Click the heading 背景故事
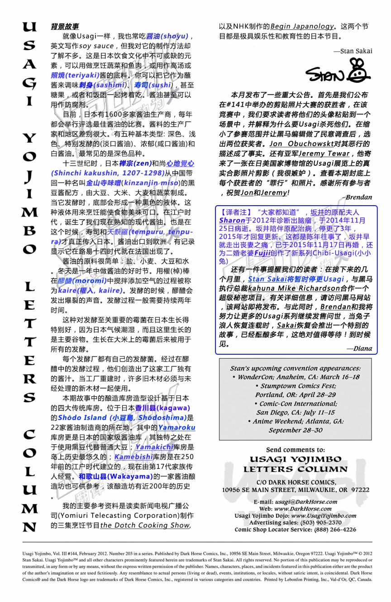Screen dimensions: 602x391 click(64, 27)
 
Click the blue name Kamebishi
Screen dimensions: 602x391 click(133, 457)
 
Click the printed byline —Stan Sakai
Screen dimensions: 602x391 click(353, 51)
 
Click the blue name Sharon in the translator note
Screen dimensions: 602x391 click(232, 220)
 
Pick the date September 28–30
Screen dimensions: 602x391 click(296, 430)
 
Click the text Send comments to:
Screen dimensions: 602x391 click(295, 450)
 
